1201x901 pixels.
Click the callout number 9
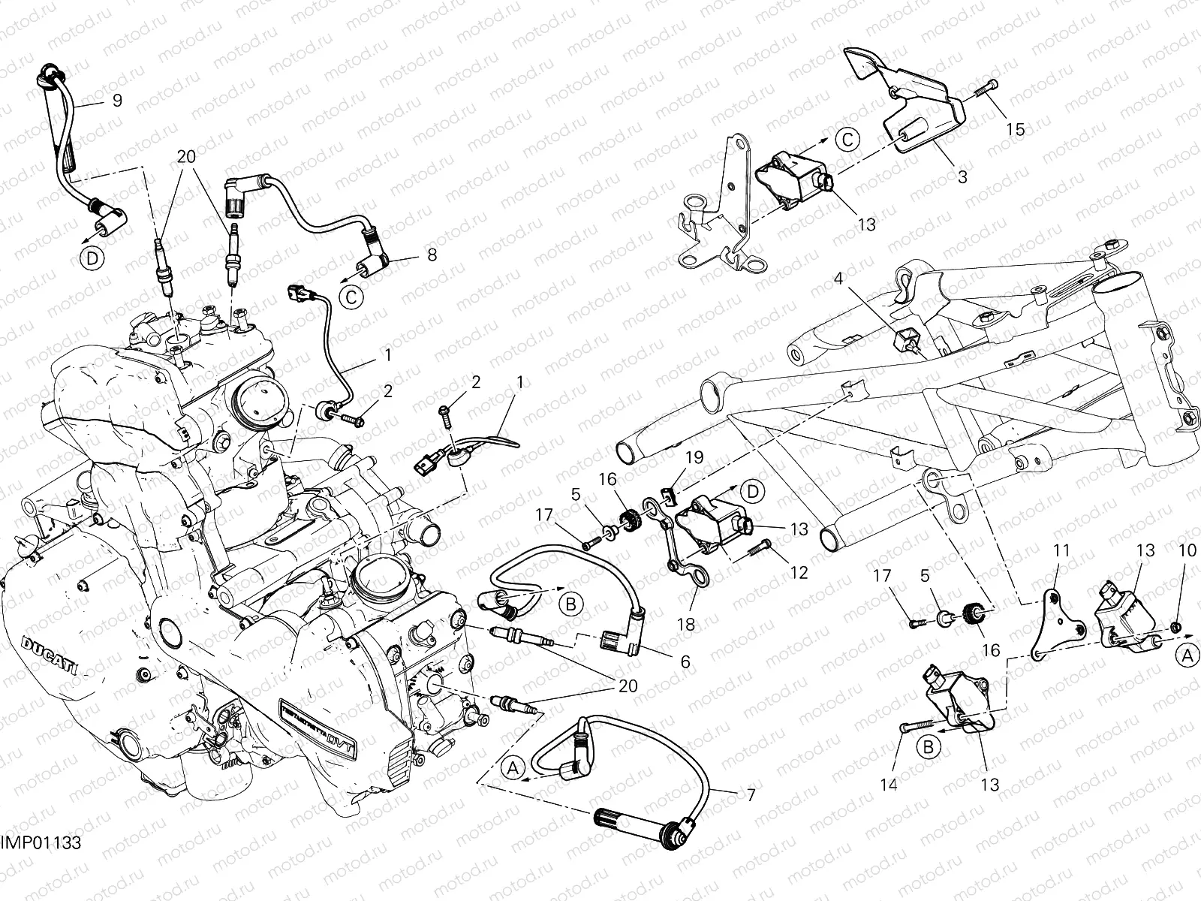click(117, 100)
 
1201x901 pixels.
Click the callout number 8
click(432, 255)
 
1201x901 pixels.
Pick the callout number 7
click(751, 794)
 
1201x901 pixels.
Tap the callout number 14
click(889, 785)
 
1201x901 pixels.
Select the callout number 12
click(799, 573)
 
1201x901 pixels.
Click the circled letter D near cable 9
click(91, 258)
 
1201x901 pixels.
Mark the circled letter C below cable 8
click(350, 297)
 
